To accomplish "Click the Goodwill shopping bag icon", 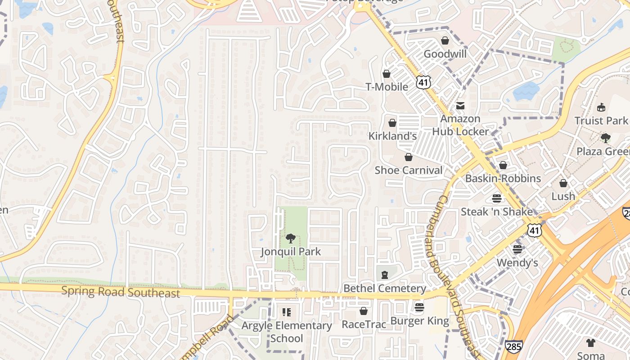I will coord(445,41).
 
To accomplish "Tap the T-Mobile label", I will coord(387,87).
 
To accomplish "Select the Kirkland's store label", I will coord(392,135).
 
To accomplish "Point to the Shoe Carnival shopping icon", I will coord(408,157).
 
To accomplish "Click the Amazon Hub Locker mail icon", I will coord(460,106).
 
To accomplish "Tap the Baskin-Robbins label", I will coord(503,178).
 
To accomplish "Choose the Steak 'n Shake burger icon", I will coord(497,198).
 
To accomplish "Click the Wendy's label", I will coord(517,262).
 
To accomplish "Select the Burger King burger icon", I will coord(419,307).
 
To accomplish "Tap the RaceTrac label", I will coord(364,324).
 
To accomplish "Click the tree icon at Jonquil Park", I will coord(291,238).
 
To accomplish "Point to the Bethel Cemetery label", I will coord(384,288).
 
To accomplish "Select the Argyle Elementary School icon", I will coord(286,312).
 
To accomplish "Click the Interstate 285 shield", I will coord(514,347).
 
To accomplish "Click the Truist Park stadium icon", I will coord(601,107).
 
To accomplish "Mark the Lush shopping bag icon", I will coord(563,183).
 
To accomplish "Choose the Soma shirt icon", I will coord(591,342).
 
